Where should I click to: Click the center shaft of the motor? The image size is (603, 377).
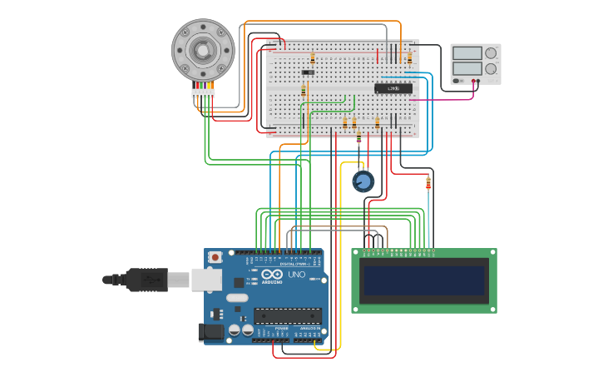203,50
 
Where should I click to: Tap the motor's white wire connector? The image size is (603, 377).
203,92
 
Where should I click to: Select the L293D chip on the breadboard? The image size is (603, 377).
393,88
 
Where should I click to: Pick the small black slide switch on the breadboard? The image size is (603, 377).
308,72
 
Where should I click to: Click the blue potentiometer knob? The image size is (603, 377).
363,181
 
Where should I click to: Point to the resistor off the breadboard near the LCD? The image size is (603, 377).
428,182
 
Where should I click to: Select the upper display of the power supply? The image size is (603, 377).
467,53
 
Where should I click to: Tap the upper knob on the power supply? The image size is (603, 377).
491,53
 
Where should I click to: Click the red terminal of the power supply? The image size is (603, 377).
475,82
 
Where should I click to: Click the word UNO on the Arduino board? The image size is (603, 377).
296,275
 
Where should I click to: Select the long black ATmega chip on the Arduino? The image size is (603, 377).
287,315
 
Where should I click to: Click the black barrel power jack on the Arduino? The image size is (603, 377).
210,332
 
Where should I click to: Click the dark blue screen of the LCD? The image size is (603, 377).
424,280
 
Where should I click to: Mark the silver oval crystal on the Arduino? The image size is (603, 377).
236,297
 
